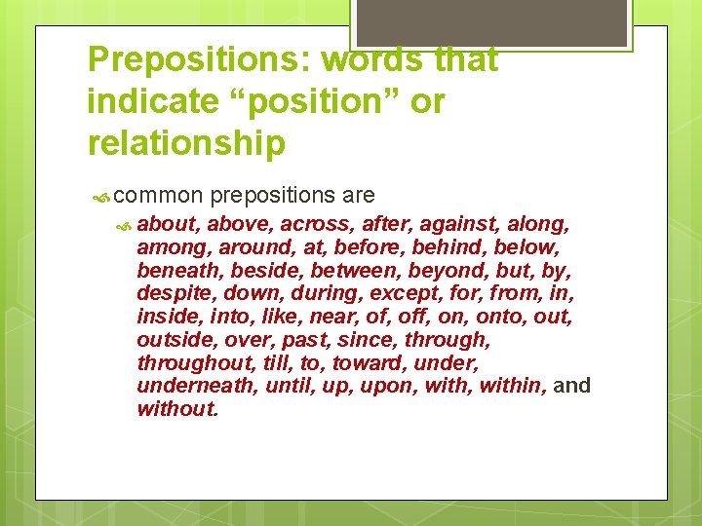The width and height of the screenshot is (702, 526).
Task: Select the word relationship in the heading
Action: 186,142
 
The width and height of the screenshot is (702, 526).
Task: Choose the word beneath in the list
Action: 175,270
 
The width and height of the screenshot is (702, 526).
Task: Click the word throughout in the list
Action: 195,362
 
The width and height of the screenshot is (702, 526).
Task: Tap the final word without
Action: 175,409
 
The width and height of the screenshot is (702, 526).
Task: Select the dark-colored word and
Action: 571,386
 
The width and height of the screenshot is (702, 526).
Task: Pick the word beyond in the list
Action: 448,270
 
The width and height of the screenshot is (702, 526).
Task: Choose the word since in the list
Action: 366,340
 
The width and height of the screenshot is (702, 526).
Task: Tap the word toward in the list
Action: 369,362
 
